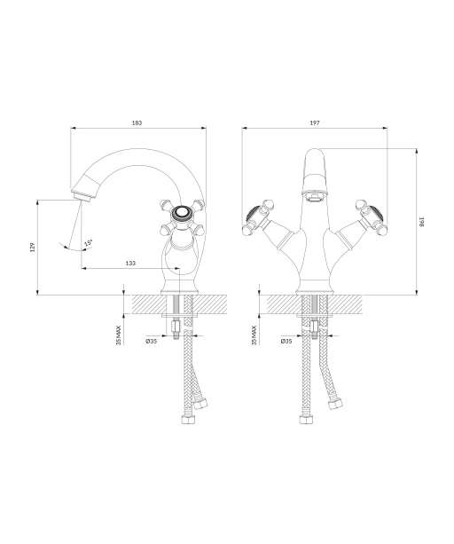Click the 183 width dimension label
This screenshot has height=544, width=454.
(x=137, y=122)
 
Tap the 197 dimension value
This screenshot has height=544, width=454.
(x=315, y=122)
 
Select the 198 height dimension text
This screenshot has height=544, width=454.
(x=421, y=222)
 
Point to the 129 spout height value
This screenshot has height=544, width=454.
(x=33, y=248)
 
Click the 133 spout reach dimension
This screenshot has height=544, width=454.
(x=130, y=264)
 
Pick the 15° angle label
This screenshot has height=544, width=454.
(x=89, y=243)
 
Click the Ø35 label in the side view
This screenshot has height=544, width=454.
(x=152, y=341)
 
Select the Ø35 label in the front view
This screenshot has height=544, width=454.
(x=286, y=341)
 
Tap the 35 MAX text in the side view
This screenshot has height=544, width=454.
(x=119, y=335)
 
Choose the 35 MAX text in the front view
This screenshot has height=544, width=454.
(x=254, y=335)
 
